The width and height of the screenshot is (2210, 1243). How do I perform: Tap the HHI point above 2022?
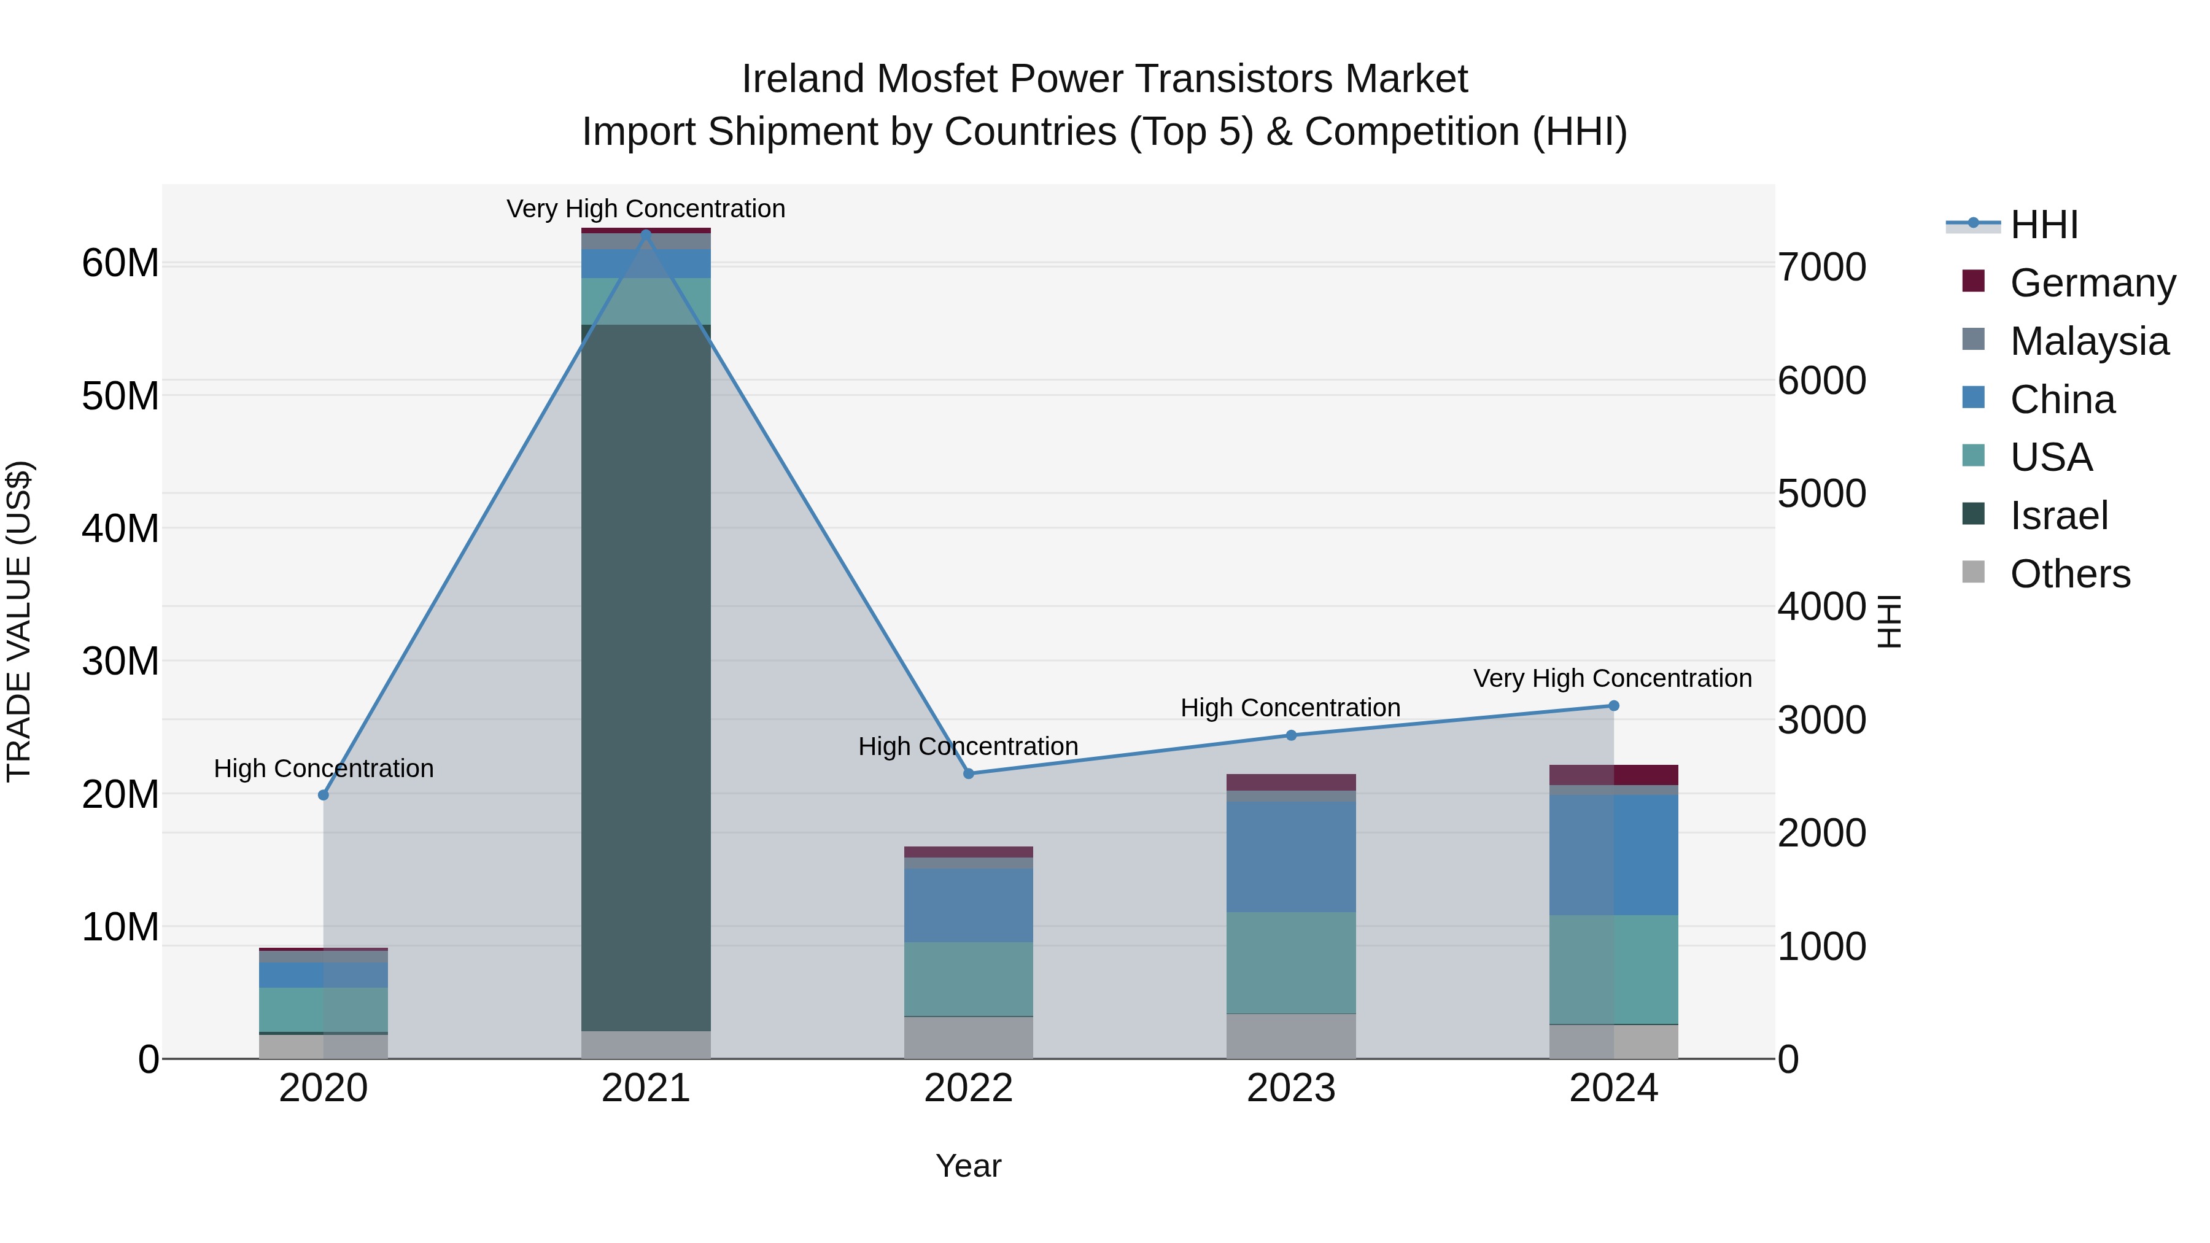point(969,774)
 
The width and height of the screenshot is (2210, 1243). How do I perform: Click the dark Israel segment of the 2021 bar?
point(646,678)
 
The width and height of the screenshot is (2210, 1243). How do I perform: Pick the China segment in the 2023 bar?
point(1290,856)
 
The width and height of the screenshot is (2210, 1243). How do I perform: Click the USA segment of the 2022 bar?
point(969,979)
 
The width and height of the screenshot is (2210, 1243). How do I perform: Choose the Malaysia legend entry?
point(2088,341)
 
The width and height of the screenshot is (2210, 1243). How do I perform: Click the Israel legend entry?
point(2058,516)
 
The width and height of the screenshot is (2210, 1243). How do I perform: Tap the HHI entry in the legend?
point(2044,225)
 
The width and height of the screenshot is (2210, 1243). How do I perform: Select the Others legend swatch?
point(1973,572)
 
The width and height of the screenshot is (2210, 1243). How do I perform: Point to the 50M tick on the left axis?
point(120,397)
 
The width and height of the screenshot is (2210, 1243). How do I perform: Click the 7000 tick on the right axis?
point(1821,268)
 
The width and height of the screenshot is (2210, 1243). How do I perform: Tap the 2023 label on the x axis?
point(1290,1088)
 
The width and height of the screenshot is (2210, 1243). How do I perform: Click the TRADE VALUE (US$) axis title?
point(19,621)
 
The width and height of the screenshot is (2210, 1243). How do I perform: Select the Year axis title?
point(969,1166)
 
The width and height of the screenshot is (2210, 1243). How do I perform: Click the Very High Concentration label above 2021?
point(646,209)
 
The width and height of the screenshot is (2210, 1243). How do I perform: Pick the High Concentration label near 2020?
point(324,768)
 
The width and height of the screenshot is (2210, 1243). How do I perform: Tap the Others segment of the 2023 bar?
point(1290,1036)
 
